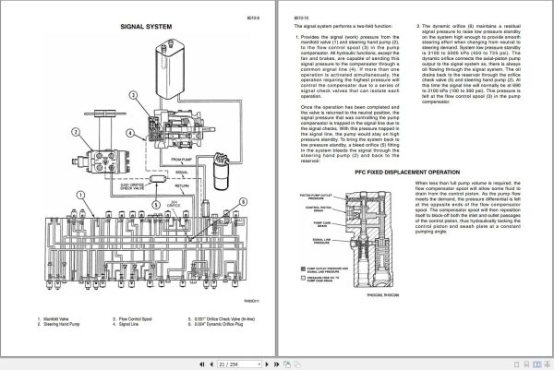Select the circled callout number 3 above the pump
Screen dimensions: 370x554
click(134, 95)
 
